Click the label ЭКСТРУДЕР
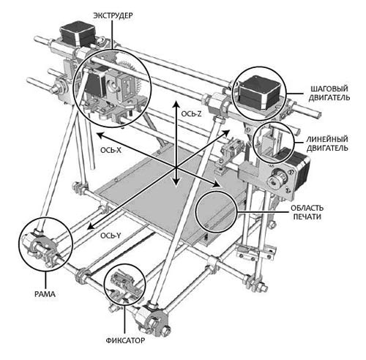113,15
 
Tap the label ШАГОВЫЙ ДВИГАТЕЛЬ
329,93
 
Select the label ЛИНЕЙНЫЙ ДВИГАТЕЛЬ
327,143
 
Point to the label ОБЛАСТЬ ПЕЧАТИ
307,212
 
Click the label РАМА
45,294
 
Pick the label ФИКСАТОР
125,340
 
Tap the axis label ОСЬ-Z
191,113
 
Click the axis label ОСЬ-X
111,150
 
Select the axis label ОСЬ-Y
111,236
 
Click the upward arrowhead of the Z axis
175,103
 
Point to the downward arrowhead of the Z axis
175,182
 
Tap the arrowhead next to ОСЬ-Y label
91,225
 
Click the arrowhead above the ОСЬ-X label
101,135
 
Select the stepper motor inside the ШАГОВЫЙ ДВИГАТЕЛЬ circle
259,92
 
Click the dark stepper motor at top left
78,34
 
